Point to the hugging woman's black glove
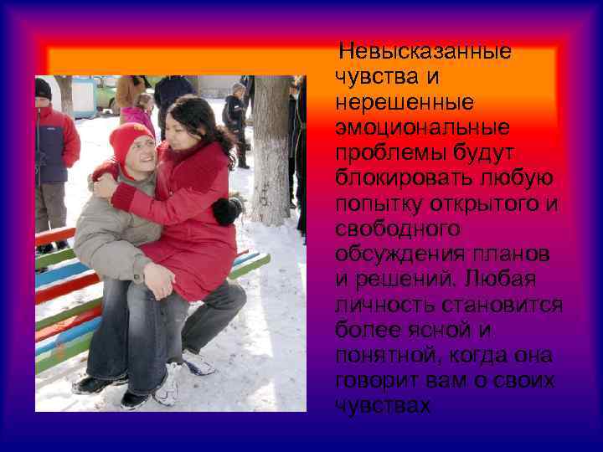[226, 209]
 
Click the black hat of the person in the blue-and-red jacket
[43, 89]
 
